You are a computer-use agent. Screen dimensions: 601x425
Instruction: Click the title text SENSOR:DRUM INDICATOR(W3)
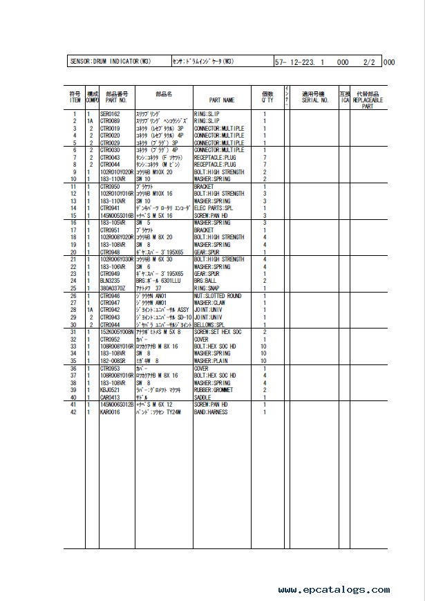tap(111, 62)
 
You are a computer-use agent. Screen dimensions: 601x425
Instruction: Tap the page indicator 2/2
tap(368, 62)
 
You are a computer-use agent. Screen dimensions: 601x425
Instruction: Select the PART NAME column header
tap(218, 100)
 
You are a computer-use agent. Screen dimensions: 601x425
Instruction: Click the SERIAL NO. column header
tap(315, 100)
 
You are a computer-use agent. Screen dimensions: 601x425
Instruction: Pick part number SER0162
tap(110, 113)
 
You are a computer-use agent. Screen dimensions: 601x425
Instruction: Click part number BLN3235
tap(110, 281)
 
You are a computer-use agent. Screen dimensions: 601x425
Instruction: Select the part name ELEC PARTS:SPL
tap(214, 208)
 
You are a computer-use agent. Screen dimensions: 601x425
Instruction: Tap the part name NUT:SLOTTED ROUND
tap(218, 296)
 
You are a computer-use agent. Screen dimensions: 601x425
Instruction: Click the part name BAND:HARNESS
tap(211, 412)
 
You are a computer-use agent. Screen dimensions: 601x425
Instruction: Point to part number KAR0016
tap(110, 412)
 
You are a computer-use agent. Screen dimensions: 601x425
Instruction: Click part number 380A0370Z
tap(113, 288)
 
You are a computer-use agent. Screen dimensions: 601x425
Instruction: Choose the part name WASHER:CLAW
tap(211, 303)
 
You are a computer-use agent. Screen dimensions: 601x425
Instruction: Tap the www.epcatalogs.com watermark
tap(334, 590)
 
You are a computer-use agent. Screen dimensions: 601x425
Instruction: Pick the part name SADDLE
tap(202, 398)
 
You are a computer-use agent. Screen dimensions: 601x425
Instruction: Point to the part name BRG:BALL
tap(205, 281)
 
